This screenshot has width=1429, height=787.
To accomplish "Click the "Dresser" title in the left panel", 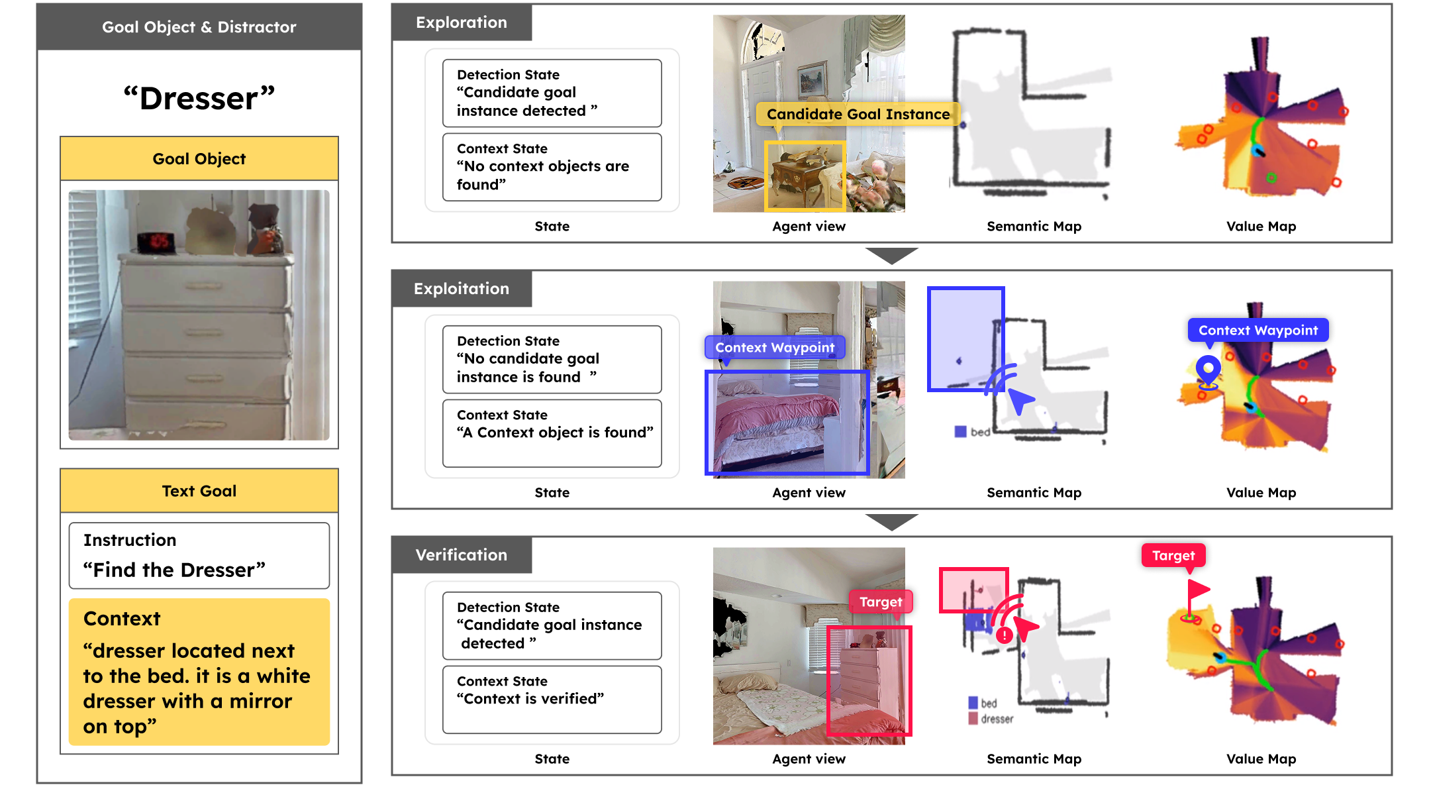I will (x=199, y=98).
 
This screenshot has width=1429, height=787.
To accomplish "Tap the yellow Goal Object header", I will (x=199, y=159).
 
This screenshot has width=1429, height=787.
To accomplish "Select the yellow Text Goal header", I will (x=199, y=491).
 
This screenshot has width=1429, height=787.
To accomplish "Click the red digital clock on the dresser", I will (x=156, y=241).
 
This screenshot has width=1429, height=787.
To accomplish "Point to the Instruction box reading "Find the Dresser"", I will (x=199, y=555).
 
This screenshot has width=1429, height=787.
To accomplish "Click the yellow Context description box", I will (x=199, y=672).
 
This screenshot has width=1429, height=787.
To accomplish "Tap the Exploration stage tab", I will (x=462, y=23).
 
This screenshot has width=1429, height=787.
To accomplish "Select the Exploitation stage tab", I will (x=462, y=289).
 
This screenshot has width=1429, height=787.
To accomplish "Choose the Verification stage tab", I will (x=462, y=555).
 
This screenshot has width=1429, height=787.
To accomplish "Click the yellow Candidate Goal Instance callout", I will (x=858, y=114).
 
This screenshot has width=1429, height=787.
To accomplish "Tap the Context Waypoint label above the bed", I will (x=774, y=347).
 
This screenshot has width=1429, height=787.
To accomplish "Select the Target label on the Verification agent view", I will (x=880, y=602).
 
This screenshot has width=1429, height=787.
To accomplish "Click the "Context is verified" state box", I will (x=552, y=699).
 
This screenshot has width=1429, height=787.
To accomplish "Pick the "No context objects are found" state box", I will (x=552, y=167).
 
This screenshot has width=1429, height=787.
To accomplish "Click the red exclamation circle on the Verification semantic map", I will (x=1004, y=635).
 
